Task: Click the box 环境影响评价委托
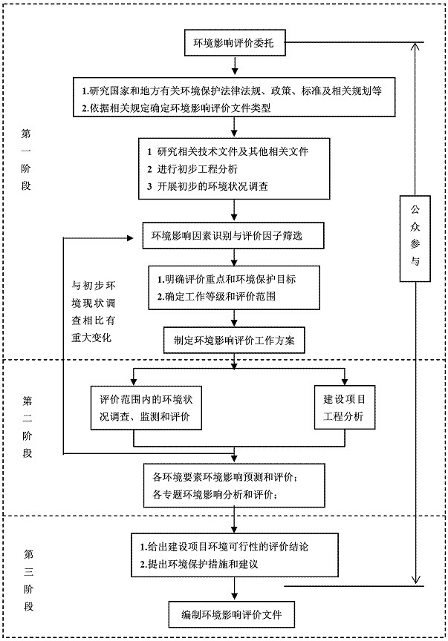point(235,43)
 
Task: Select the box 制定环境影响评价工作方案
point(234,340)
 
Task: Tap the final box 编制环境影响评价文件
point(231,614)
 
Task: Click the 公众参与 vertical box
point(415,239)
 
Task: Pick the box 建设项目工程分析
point(345,407)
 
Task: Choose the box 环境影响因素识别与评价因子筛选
point(233,235)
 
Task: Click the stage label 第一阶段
point(26,160)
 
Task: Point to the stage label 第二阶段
point(27,427)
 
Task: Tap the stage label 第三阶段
point(27,580)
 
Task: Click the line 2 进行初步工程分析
point(192,169)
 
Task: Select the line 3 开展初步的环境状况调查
point(207,187)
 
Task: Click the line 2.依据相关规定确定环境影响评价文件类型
point(176,108)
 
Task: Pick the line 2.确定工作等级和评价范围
point(216,296)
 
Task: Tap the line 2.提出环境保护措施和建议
point(199,565)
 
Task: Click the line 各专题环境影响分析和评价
point(216,495)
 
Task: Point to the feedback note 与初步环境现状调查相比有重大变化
point(94,312)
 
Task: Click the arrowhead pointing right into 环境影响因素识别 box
point(131,238)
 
